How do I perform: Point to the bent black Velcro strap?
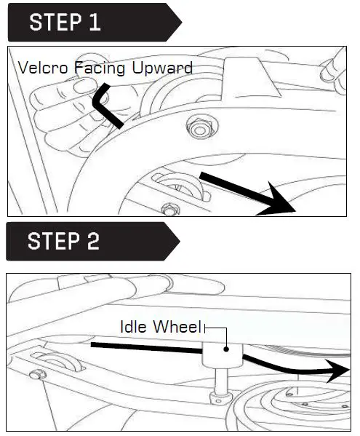(103, 104)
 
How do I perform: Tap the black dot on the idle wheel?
(227, 349)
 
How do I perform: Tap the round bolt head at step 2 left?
(34, 375)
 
